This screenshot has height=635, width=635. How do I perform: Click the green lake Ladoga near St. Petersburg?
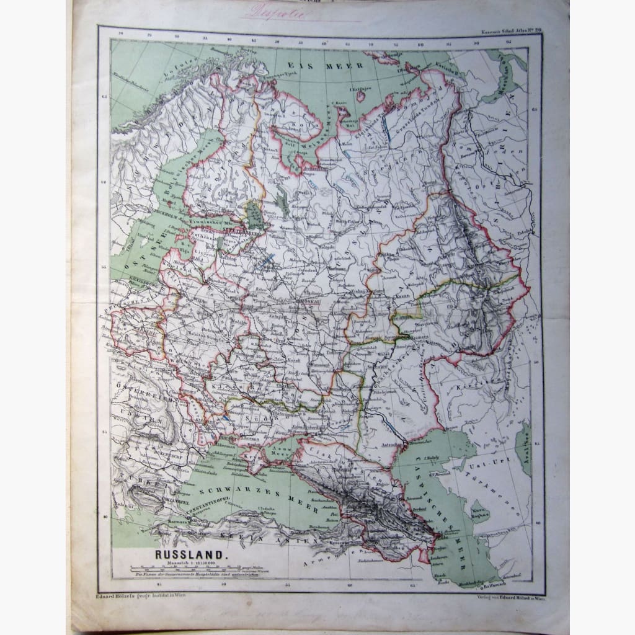[x=253, y=215]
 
